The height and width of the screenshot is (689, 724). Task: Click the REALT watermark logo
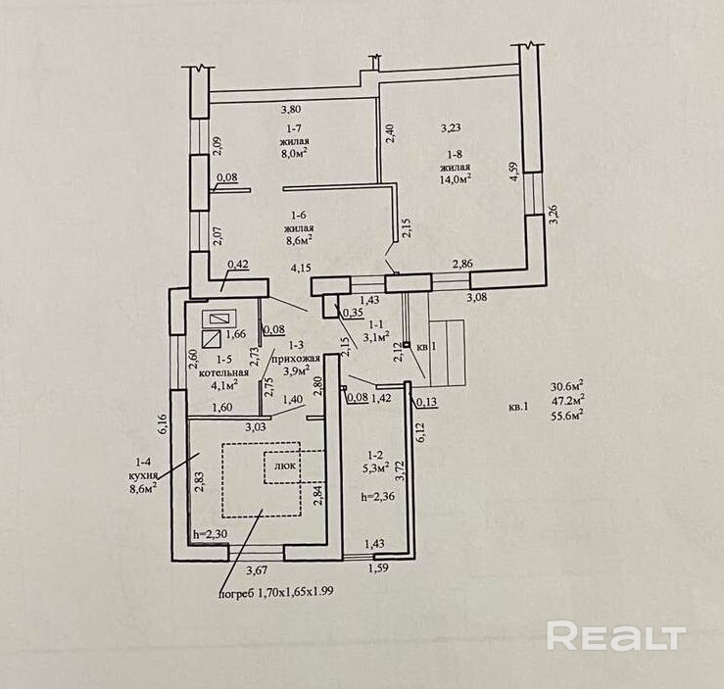tap(614, 635)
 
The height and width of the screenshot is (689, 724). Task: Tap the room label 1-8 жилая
tap(456, 161)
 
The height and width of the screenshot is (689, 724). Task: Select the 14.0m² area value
tap(457, 178)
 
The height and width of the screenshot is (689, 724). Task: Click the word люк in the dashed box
tap(285, 468)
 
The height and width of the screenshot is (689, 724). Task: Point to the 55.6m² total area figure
tap(567, 415)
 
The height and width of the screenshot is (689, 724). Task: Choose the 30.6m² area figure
tap(567, 385)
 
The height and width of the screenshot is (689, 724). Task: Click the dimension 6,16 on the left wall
tap(164, 423)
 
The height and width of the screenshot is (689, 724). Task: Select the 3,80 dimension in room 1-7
tap(291, 110)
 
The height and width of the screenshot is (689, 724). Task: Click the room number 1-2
tap(373, 455)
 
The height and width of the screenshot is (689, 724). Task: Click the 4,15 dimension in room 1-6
tap(301, 265)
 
